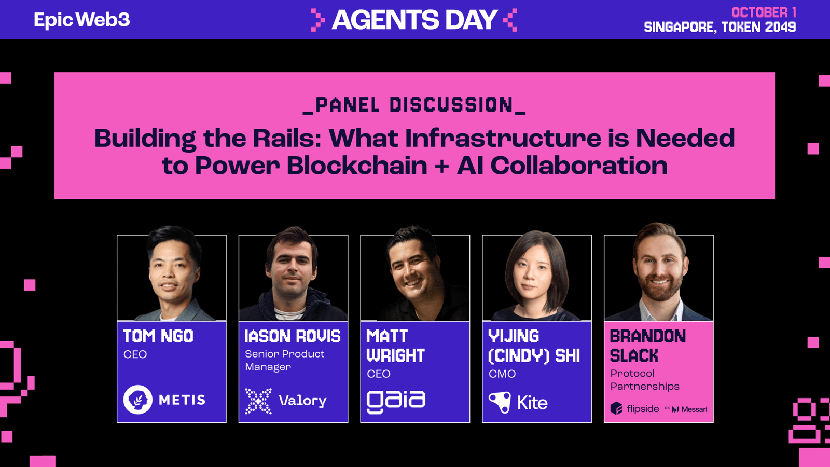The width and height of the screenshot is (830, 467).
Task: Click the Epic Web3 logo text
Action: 82,20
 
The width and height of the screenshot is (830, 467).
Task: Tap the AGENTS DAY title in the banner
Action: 414,20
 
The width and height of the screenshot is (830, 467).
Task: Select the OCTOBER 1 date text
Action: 764,12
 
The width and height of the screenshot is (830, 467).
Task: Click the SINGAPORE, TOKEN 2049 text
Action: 720,27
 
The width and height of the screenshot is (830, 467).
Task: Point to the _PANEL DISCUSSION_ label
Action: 414,105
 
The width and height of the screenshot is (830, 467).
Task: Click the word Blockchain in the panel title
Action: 357,166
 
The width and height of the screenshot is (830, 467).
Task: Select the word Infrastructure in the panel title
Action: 503,138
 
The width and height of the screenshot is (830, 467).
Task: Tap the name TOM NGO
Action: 158,336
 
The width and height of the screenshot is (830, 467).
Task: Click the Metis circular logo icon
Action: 138,400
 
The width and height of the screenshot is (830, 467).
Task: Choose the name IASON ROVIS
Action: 293,336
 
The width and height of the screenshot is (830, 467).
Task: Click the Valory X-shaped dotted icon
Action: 258,401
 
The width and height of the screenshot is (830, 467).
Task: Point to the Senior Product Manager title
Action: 285,360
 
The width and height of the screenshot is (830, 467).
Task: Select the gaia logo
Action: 396,402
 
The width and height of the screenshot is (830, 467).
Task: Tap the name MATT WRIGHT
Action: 395,346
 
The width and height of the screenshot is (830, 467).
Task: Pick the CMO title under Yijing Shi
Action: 502,374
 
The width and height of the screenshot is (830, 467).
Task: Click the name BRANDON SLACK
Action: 648,346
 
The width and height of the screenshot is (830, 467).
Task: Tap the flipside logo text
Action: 643,409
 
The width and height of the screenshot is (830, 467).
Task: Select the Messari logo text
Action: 694,409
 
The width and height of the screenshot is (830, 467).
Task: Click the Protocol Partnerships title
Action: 645,380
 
